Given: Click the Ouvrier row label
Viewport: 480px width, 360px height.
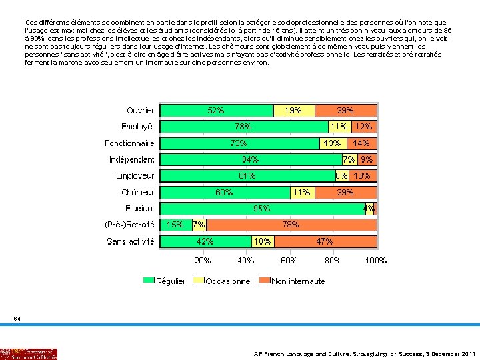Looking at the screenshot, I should click(x=140, y=111).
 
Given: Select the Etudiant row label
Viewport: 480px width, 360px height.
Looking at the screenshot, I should click(x=139, y=209).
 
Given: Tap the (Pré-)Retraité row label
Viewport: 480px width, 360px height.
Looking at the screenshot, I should click(x=129, y=225).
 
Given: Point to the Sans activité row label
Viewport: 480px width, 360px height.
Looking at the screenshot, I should click(x=131, y=241).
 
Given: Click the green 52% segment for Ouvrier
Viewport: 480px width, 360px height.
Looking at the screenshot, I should click(x=215, y=111).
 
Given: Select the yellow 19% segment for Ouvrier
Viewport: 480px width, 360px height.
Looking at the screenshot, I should click(x=293, y=111).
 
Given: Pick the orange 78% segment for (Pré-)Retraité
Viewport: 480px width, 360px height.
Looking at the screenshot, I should click(x=291, y=225).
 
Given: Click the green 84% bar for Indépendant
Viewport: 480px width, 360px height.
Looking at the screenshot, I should click(x=251, y=160).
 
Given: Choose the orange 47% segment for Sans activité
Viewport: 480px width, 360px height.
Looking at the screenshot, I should click(x=325, y=241).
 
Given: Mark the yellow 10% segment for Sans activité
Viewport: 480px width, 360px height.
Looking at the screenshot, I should click(x=263, y=241).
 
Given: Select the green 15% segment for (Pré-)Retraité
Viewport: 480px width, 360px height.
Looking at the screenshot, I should click(x=175, y=225).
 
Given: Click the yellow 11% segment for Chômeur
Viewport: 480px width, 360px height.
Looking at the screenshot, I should click(x=301, y=193).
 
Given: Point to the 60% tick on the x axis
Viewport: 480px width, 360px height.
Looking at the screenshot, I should click(x=289, y=261).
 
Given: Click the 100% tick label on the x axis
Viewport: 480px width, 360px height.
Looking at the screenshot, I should click(x=375, y=261).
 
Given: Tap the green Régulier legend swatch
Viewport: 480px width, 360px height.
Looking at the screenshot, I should click(x=148, y=281).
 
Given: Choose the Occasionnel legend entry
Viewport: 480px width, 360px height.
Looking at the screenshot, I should click(x=229, y=281).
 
